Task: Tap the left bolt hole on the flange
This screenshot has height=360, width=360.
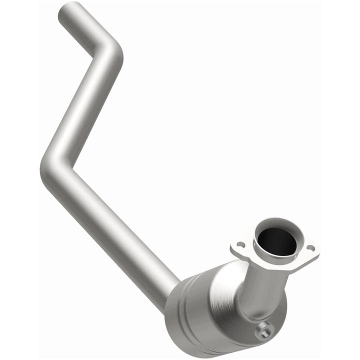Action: click(x=241, y=245)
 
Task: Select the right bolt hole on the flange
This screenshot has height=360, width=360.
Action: click(x=311, y=247)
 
